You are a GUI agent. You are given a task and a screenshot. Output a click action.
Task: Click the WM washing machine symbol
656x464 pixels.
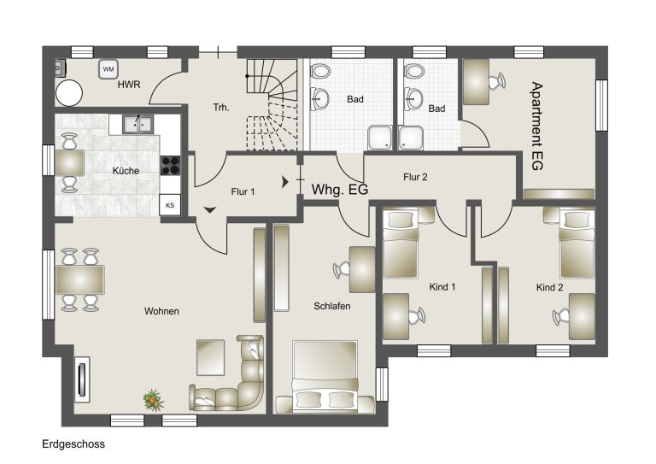108,69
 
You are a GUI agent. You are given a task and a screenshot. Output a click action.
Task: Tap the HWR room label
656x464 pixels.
129,85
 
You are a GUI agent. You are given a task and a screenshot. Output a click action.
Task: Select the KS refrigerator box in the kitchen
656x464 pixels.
170,205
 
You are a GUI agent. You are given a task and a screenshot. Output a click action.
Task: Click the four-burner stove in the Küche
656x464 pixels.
170,165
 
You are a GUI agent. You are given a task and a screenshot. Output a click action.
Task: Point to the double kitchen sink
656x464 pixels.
138,124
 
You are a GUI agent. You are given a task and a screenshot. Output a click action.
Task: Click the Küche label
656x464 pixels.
126,171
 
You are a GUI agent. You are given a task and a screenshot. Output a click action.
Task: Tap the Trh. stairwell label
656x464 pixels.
221,108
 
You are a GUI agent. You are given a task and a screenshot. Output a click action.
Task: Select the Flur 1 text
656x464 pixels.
243,191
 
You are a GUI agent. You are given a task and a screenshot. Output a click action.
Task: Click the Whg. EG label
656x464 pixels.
340,190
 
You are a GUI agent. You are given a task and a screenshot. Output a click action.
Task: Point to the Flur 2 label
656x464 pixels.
415,177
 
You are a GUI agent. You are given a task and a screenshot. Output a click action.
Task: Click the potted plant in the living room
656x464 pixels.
153,400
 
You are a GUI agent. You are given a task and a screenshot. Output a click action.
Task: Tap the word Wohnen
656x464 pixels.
161,311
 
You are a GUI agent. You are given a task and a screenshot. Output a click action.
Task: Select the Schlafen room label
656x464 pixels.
332,306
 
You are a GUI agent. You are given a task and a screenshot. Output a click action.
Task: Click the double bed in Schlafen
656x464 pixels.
325,377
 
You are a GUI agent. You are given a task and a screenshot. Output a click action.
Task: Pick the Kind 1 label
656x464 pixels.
442,287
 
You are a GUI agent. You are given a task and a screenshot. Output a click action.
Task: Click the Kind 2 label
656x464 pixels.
550,287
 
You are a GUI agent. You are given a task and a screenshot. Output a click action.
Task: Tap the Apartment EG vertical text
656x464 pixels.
536,126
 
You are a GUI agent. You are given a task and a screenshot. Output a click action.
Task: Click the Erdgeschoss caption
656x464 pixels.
73,443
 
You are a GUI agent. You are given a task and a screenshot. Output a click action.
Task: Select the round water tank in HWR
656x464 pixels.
69,93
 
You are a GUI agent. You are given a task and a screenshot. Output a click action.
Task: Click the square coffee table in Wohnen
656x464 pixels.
211,357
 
